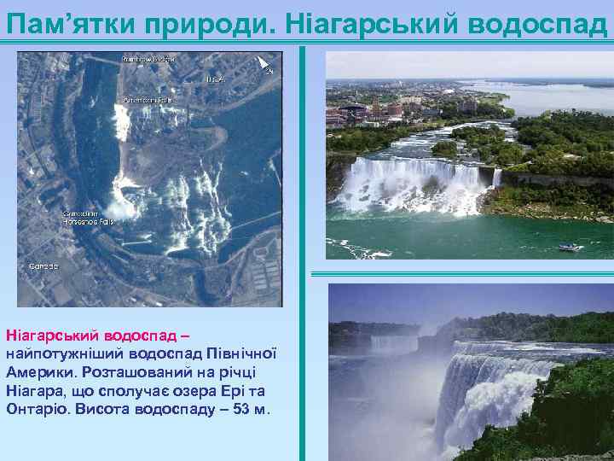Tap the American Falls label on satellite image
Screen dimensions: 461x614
[x=147, y=99]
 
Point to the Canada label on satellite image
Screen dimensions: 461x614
[x=43, y=266]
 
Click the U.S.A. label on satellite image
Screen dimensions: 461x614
[x=214, y=79]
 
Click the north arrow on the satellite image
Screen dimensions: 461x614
[x=264, y=63]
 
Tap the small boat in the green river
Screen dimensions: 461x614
[x=570, y=248]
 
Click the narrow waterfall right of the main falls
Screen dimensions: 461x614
[x=496, y=178]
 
